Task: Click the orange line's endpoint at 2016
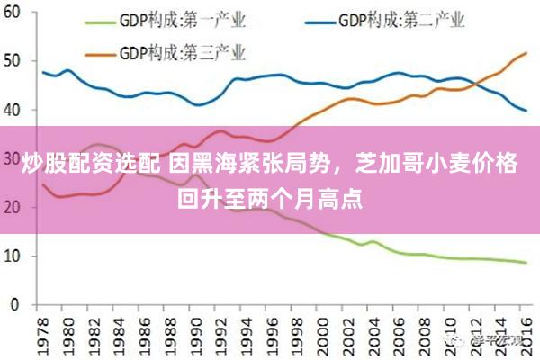pyautogui.click(x=526, y=54)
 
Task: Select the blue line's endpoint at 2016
pyautogui.click(x=526, y=111)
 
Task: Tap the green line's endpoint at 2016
pyautogui.click(x=526, y=263)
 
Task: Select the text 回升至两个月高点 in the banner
pyautogui.click(x=270, y=197)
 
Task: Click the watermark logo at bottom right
pyautogui.click(x=461, y=341)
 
